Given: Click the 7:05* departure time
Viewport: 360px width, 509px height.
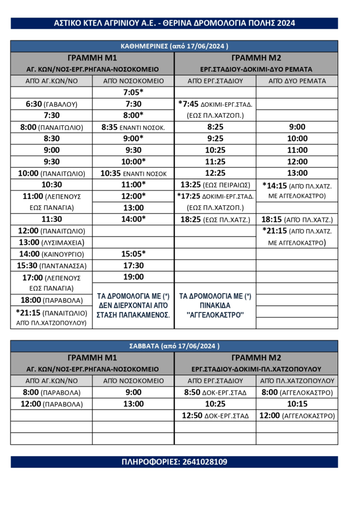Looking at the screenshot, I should coord(133,92).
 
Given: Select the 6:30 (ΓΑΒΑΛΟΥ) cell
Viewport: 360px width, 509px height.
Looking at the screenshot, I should coord(51,104).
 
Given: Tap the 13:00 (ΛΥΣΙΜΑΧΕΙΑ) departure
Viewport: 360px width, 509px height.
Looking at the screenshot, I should coord(51,242).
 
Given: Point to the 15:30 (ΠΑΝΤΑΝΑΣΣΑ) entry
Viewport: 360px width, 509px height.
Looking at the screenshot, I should coord(51,265).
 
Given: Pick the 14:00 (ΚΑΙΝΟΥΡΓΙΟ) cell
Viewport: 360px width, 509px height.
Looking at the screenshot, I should coord(51,254).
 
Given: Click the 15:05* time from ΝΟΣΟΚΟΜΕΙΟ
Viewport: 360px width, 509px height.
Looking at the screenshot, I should coord(133,254).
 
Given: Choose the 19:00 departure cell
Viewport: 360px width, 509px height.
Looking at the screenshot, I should coord(133,277).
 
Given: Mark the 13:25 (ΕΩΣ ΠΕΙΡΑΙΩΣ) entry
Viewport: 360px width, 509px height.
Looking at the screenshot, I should coord(215,185).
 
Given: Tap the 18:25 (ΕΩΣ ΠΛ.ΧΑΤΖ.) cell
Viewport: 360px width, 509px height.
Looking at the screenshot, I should coord(215,219).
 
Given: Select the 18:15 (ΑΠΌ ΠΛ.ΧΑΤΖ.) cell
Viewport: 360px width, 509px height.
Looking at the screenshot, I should coord(297,219).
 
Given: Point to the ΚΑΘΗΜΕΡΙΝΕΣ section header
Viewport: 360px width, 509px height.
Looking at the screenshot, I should coord(174,46).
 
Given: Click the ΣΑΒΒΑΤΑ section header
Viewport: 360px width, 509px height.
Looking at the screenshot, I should coord(174,346).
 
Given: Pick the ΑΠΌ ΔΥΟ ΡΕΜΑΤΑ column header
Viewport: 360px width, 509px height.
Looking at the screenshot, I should coord(297,81).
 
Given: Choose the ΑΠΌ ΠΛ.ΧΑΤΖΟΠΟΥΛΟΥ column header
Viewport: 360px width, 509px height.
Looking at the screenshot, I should coord(297,381).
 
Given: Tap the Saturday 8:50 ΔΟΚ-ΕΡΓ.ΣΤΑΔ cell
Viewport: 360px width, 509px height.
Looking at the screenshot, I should coord(215,393).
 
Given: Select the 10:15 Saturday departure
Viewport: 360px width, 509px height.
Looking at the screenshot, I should coord(297,404).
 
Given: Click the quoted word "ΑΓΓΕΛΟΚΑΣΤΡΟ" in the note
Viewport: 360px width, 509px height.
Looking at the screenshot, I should coord(215,315).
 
